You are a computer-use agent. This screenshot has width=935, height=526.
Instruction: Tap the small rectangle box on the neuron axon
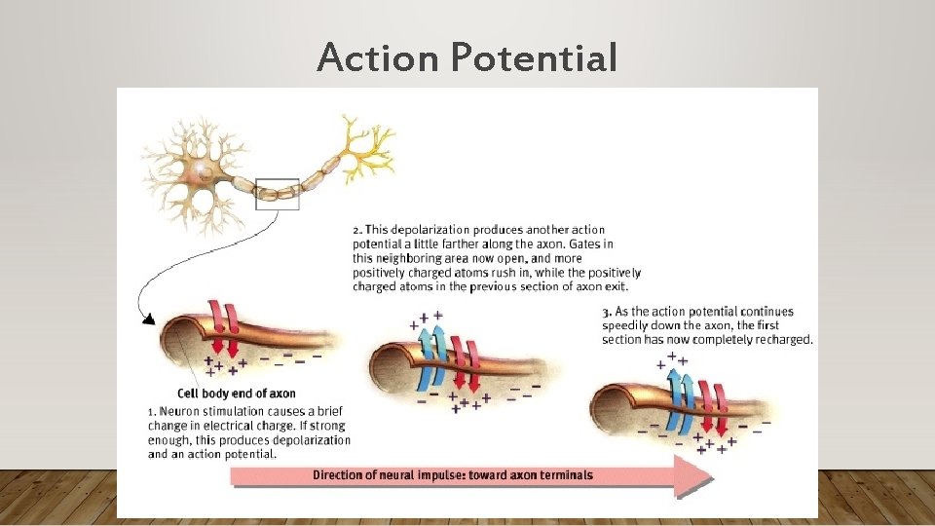pos(278,193)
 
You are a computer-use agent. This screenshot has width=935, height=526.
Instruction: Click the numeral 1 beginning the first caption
pos(151,412)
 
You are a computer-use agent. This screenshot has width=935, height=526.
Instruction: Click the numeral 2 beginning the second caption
pos(356,230)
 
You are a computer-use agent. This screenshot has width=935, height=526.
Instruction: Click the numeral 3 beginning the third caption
pos(606,311)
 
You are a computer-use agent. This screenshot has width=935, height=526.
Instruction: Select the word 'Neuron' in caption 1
pos(180,412)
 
